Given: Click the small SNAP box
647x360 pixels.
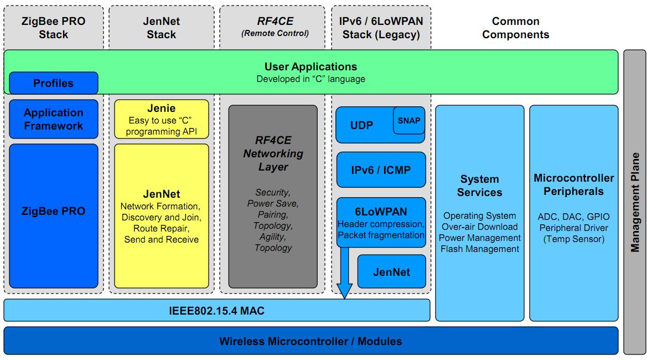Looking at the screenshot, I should point(409,121).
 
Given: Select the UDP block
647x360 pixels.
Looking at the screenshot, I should point(362,126).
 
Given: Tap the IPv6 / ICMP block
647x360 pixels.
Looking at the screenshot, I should point(381,170).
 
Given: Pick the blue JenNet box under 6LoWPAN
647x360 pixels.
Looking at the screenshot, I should point(392,272).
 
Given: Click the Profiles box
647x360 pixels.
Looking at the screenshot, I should point(53,83).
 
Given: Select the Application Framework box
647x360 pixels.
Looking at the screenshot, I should point(53,119).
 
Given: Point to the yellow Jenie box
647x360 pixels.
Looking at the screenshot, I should point(162,119).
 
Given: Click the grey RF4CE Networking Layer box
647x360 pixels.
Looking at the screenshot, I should point(273,197).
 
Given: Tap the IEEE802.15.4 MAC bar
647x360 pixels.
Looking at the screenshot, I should point(216,311).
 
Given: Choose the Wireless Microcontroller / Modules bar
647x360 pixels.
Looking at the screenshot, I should point(310,341).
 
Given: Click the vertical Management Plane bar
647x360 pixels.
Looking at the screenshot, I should point(635,202).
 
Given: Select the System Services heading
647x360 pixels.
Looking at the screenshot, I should point(480,186).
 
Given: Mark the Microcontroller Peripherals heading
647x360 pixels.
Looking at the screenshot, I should point(573,185).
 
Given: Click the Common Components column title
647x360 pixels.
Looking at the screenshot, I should point(515,28).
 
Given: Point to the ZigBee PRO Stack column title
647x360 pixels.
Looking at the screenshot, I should point(53,28).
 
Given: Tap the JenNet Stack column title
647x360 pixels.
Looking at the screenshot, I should point(162,28).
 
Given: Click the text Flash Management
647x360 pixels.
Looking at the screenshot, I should point(480,249).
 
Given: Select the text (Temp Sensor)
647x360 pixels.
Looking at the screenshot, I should point(573,239).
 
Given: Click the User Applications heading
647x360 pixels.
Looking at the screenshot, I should point(310,67).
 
